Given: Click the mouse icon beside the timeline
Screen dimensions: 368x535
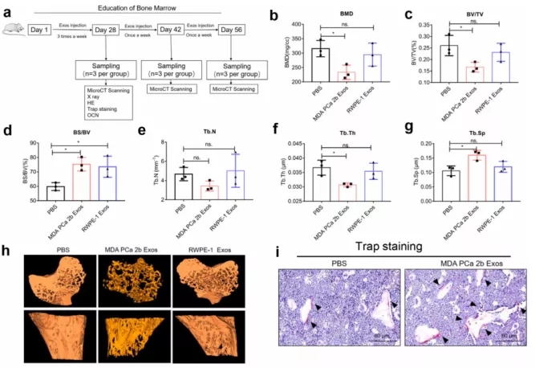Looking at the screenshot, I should click(14, 29).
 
